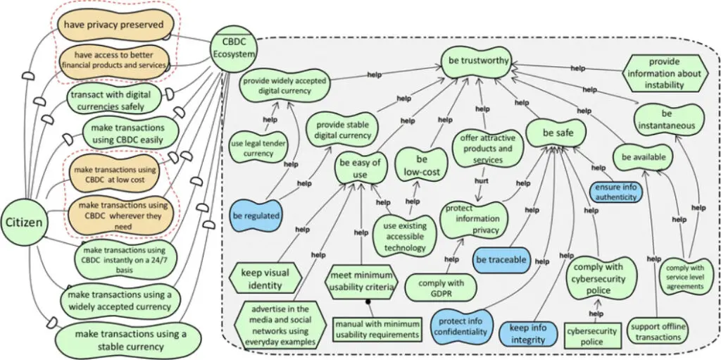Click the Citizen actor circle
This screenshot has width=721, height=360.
click(25, 223)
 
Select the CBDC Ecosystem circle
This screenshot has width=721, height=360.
click(233, 47)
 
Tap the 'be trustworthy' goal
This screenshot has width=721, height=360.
click(478, 61)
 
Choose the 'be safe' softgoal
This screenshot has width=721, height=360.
click(558, 132)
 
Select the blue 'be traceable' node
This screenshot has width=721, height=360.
click(501, 260)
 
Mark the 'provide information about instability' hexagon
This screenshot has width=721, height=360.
click(665, 74)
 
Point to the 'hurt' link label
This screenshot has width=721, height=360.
click(482, 180)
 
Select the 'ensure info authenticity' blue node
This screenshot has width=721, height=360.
click(616, 192)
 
